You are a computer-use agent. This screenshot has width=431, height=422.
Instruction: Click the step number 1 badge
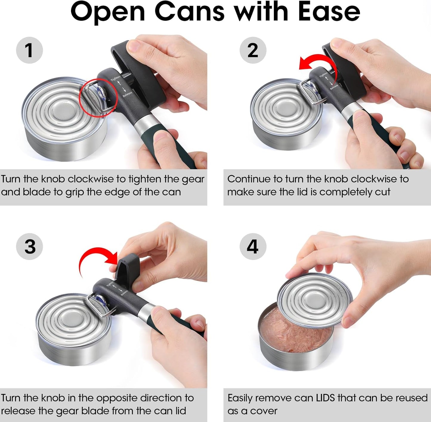click(29, 50)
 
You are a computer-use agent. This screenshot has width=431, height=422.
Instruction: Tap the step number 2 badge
click(253, 50)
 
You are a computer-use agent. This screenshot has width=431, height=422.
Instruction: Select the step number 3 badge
click(29, 247)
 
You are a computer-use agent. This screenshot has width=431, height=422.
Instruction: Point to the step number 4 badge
click(253, 247)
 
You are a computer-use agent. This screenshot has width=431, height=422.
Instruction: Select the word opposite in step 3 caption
click(117, 398)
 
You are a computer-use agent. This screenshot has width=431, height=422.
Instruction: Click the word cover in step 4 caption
click(264, 411)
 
